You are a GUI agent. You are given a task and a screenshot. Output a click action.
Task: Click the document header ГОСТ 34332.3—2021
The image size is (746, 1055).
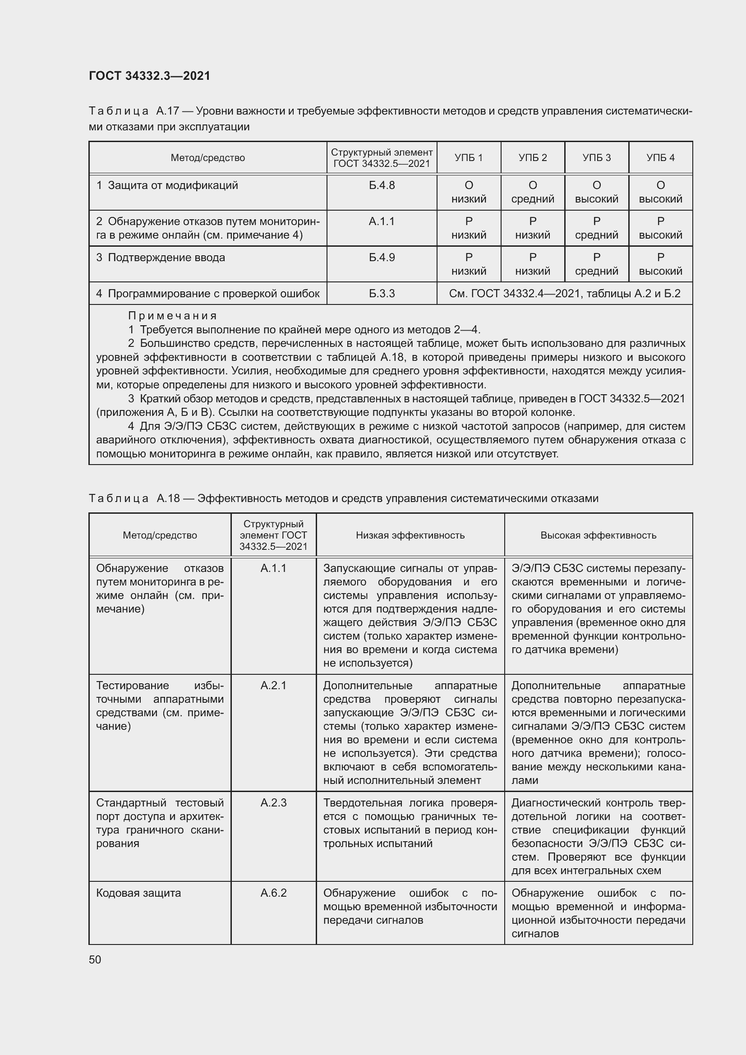click(149, 76)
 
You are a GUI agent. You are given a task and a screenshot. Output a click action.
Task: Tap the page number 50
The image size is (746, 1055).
click(95, 959)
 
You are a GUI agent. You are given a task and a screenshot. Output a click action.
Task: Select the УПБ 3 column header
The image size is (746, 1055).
click(596, 157)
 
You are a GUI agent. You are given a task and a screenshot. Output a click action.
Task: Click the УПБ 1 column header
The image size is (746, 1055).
click(469, 157)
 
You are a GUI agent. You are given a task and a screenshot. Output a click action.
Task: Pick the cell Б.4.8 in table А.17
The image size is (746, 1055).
click(381, 185)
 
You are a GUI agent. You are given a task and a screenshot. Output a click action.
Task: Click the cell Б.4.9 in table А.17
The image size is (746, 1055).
click(381, 257)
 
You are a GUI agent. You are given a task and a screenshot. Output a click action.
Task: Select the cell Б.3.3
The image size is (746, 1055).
click(381, 294)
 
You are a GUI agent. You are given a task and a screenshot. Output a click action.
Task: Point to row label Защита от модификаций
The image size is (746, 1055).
click(173, 185)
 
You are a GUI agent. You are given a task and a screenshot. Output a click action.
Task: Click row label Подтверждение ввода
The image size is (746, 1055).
click(166, 257)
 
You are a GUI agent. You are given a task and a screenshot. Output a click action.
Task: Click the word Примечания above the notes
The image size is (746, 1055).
click(172, 316)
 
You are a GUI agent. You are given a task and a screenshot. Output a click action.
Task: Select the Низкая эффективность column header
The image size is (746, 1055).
click(410, 535)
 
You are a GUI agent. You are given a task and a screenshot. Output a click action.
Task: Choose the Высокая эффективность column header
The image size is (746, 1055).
click(598, 535)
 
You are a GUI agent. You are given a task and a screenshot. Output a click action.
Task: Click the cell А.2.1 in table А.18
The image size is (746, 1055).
click(273, 686)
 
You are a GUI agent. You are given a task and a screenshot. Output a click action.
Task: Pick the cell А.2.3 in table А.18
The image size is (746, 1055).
click(273, 803)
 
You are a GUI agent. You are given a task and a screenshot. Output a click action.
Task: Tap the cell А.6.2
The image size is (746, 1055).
click(273, 893)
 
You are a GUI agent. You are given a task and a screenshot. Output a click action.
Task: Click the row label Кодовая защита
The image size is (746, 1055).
click(138, 893)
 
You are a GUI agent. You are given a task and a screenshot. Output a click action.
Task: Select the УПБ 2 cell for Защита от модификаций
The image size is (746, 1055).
click(532, 192)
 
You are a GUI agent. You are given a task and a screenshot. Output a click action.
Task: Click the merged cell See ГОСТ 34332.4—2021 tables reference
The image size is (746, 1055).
click(565, 294)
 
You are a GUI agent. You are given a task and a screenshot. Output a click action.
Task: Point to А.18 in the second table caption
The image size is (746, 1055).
click(168, 498)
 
